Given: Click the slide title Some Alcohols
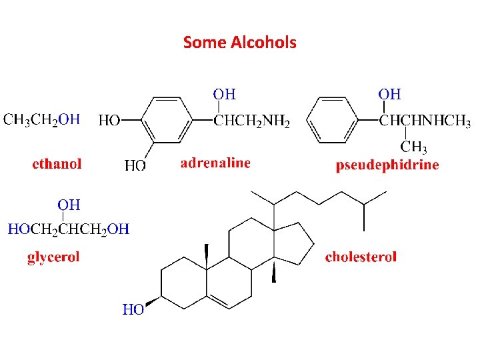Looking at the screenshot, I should point(239,43).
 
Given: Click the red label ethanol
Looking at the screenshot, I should point(57,163).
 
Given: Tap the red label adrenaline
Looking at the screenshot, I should point(215,163).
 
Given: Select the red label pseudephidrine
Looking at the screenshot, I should point(387,165).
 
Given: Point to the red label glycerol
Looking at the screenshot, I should point(53,257).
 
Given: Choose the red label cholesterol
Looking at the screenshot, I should point(361,257).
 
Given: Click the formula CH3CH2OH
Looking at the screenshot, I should point(42,120).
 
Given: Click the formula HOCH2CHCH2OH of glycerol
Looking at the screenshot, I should point(69,229).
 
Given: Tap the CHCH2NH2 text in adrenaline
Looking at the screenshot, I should point(251,121).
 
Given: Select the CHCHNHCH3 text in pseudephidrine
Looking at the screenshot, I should point(425,121).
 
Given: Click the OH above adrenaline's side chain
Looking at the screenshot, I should point(224,94).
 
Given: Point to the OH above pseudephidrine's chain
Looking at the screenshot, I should point(389,94).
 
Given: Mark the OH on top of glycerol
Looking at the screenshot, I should point(69,203).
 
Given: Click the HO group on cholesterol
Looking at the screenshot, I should point(133,309).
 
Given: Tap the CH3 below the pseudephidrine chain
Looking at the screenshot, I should point(413,148).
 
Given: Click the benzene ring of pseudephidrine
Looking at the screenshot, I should point(333,121).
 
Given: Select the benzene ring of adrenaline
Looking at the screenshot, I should point(167,121).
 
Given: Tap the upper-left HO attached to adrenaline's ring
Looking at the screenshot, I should point(109,121).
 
